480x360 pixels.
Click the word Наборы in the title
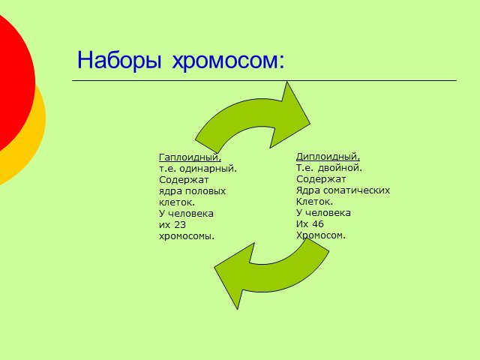tap(119, 60)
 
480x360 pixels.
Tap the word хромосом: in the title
tap(228, 61)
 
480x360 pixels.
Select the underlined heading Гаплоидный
tap(190, 157)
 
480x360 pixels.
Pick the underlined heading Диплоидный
tap(328, 157)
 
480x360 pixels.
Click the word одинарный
tap(208, 169)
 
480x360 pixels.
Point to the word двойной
tap(340, 168)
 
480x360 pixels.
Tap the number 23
tap(180, 225)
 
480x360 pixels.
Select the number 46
tap(318, 224)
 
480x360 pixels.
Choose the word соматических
tap(357, 190)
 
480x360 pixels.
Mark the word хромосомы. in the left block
tap(187, 236)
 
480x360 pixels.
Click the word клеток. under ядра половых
tap(177, 202)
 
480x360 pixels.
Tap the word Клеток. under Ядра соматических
tap(314, 202)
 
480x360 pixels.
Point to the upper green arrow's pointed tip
tap(310, 124)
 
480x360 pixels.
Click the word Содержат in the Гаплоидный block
tap(184, 180)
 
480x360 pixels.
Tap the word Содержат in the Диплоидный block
tap(321, 179)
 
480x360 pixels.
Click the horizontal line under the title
tap(264, 81)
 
